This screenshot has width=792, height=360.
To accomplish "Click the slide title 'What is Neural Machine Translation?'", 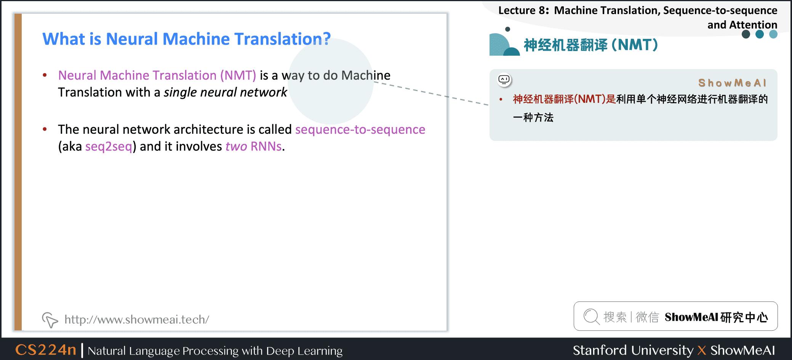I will (186, 39).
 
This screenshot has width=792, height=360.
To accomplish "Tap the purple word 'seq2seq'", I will (109, 146).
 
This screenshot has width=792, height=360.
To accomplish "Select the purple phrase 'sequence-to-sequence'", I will (360, 130).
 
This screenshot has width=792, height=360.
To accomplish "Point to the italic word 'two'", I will (236, 146).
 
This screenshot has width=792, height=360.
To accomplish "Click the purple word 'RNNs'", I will (266, 146).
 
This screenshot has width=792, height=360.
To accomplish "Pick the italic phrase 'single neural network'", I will (225, 92).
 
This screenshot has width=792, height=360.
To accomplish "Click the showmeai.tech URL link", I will (137, 319).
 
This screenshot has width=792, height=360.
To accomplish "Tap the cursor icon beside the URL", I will (50, 320).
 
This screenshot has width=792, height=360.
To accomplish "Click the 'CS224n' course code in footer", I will (46, 350).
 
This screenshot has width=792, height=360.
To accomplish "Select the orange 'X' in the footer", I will (702, 350).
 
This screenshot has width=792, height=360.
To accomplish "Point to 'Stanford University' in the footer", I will (633, 350).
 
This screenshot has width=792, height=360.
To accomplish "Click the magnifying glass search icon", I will (591, 317).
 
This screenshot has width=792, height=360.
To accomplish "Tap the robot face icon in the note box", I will (504, 80).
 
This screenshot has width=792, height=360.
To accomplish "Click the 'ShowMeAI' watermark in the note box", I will (732, 83).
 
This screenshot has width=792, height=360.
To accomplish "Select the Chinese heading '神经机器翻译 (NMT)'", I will (590, 45).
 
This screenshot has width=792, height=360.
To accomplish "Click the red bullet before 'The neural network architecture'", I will (45, 130).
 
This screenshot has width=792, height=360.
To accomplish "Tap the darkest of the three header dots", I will (746, 34).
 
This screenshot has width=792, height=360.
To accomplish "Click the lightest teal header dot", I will (773, 34).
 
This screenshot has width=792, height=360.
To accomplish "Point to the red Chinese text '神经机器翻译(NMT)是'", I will (564, 99).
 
